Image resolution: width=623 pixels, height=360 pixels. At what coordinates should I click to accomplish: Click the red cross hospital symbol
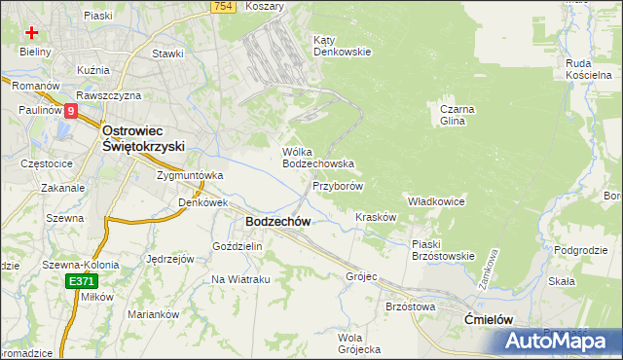coord(32,31)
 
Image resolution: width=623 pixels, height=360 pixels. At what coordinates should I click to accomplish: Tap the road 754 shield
coord(223,7)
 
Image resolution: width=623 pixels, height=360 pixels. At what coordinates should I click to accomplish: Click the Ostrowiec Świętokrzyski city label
coord(144,137)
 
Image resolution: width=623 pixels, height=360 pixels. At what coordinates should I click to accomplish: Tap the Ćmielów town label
coord(489,319)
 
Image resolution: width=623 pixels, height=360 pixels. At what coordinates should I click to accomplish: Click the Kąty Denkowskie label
coord(342,46)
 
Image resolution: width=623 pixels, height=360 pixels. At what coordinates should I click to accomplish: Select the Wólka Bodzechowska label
coord(317,158)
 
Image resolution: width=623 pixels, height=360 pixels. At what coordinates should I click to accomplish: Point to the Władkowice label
coord(436,200)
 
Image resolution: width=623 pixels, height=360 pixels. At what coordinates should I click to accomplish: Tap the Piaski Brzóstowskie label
coord(442,250)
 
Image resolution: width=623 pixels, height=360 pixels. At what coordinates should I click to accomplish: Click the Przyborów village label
coord(338,185)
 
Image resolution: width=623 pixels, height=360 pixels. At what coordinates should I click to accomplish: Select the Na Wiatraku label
coord(240,279)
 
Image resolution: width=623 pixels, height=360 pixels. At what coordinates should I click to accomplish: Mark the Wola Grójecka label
coord(357,342)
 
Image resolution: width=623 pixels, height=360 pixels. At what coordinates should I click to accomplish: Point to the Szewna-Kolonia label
coord(80,264)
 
